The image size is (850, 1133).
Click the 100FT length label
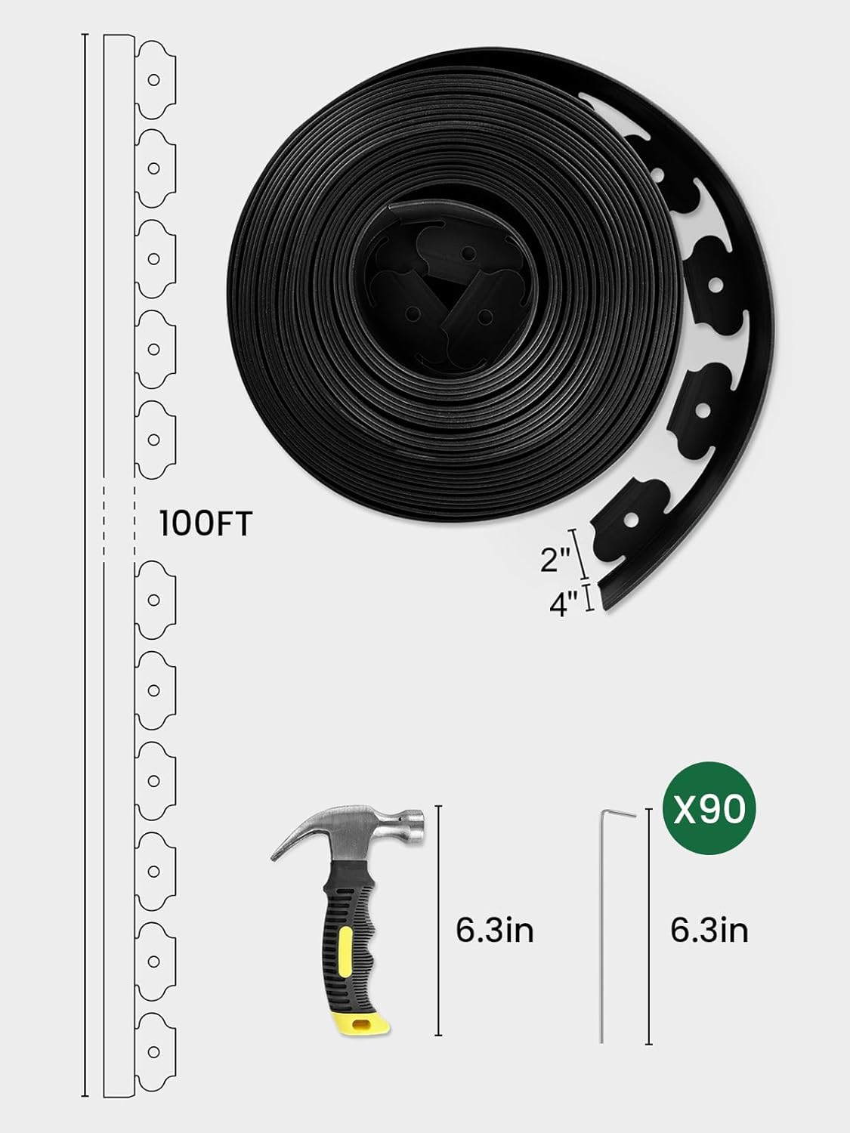click(x=205, y=523)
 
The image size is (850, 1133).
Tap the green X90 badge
click(x=709, y=810)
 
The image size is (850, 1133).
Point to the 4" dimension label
click(x=564, y=604)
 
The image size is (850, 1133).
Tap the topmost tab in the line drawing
click(x=156, y=77)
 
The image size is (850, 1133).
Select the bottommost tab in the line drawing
click(x=156, y=1050)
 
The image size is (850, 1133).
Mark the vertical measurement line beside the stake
click(x=648, y=925)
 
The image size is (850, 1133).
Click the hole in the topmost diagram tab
click(x=153, y=78)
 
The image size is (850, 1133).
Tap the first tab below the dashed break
click(x=156, y=600)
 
